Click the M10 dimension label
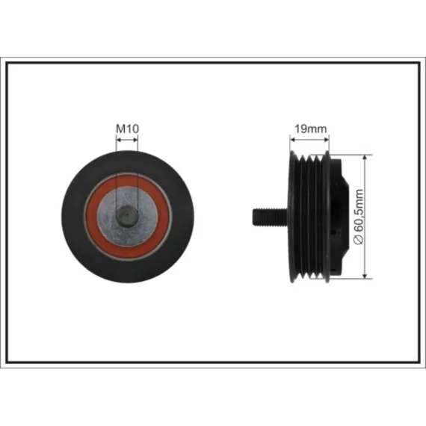point(127,129)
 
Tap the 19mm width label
point(311,129)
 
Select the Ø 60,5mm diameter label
point(359,217)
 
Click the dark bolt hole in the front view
point(127,216)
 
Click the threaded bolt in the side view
point(270,217)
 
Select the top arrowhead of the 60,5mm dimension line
point(365,158)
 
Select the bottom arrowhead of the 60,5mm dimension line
point(365,275)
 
